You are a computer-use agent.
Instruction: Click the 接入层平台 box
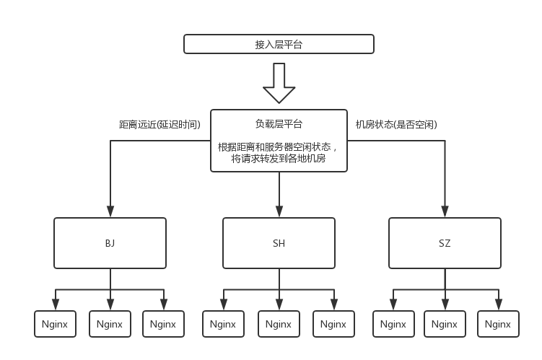click(279, 44)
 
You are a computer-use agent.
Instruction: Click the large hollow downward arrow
click(279, 83)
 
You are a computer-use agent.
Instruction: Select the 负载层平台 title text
click(279, 123)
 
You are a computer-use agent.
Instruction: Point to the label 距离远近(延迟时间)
click(159, 124)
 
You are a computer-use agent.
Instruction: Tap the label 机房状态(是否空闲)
click(396, 124)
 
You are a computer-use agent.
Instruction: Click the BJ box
click(110, 243)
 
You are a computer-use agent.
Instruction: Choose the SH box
click(279, 243)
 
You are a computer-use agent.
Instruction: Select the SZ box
click(445, 243)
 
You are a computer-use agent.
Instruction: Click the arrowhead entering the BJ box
click(110, 211)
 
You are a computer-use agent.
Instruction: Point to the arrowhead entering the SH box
click(279, 211)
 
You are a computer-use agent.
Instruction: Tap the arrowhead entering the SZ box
click(445, 211)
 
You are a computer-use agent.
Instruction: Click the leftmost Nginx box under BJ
click(55, 324)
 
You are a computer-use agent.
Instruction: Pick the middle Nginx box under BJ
click(110, 324)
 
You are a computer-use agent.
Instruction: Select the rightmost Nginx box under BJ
click(164, 324)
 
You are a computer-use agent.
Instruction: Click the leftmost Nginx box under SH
click(223, 324)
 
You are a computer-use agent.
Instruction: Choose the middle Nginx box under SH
click(279, 324)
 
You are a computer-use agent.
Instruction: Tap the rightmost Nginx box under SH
click(333, 324)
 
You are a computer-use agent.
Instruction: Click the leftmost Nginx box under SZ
click(393, 324)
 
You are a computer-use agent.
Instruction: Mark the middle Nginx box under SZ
click(445, 324)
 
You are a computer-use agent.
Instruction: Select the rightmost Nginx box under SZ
click(498, 324)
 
